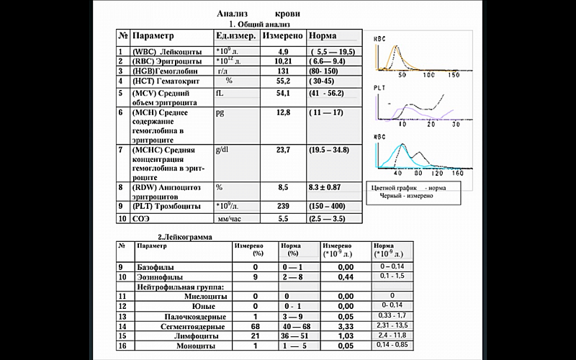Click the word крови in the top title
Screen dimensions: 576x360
coord(287,14)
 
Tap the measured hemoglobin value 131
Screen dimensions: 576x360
coord(283,71)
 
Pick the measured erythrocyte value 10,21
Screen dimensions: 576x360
coord(283,61)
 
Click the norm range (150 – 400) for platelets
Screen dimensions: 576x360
coord(327,206)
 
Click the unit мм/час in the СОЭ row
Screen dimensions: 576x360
coord(229,219)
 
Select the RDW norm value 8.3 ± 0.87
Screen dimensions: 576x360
coord(325,187)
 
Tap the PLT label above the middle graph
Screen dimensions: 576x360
coord(379,88)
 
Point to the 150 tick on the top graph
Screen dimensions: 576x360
coord(454,75)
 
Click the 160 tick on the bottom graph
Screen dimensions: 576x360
coord(458,173)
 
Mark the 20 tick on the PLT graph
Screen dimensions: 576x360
coord(431,125)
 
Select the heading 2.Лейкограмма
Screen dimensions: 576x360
coord(185,237)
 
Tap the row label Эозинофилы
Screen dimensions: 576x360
coord(160,277)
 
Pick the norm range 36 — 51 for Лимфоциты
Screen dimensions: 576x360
coord(294,336)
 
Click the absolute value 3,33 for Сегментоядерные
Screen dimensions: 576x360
coord(346,327)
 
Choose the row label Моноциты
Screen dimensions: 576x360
coord(196,346)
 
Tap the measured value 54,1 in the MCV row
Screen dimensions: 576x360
coord(283,94)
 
